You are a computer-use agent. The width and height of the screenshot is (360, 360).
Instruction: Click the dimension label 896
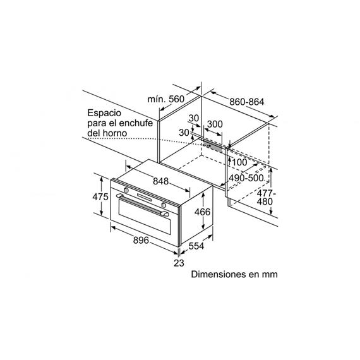pyautogui.click(x=141, y=241)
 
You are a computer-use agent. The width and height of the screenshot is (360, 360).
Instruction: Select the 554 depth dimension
pyautogui.click(x=196, y=246)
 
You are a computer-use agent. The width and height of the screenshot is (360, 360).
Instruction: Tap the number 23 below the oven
pyautogui.click(x=179, y=263)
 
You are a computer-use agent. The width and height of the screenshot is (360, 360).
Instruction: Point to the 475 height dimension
pyautogui.click(x=100, y=197)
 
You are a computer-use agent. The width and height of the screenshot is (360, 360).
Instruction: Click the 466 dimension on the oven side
pyautogui.click(x=202, y=212)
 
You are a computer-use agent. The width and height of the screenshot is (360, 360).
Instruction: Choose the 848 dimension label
pyautogui.click(x=160, y=181)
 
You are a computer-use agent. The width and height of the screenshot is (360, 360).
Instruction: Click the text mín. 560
pyautogui.click(x=165, y=99)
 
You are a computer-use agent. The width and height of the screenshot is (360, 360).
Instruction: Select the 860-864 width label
pyautogui.click(x=247, y=102)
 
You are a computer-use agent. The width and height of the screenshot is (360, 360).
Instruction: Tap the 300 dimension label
pyautogui.click(x=215, y=124)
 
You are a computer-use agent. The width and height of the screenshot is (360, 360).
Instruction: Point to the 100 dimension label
pyautogui.click(x=240, y=162)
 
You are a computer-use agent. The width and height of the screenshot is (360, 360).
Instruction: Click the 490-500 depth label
pyautogui.click(x=246, y=178)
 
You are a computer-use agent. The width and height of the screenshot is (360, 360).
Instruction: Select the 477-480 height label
pyautogui.click(x=265, y=198)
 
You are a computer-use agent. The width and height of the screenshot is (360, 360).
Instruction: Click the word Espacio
pyautogui.click(x=104, y=113)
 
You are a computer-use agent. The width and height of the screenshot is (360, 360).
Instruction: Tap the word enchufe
pyautogui.click(x=136, y=123)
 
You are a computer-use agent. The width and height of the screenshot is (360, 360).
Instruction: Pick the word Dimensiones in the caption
pyautogui.click(x=215, y=274)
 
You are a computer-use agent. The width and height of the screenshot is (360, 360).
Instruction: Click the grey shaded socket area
pyautogui.click(x=213, y=146)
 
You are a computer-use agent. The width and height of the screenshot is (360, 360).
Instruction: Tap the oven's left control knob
pyautogui.click(x=126, y=190)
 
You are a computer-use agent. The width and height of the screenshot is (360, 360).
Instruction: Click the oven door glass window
pyautogui.click(x=145, y=217)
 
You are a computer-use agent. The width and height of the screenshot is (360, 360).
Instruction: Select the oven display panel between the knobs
pyautogui.click(x=145, y=197)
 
